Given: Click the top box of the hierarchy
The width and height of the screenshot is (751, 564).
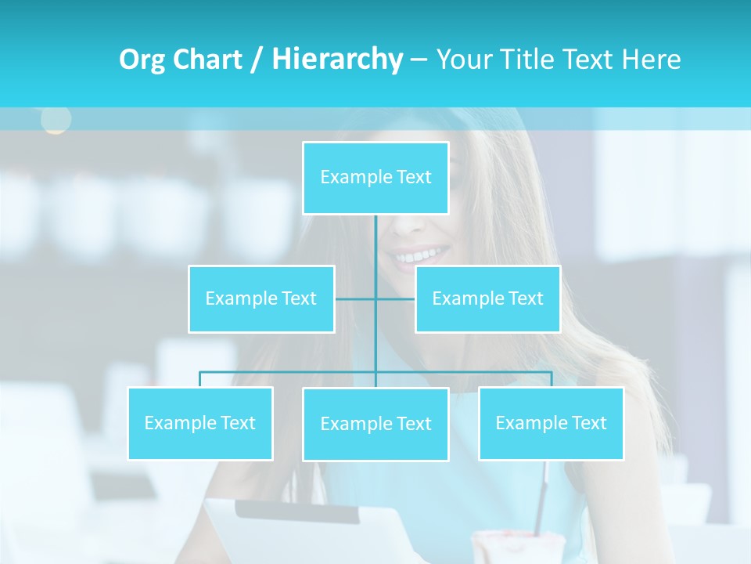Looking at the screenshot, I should [375, 178].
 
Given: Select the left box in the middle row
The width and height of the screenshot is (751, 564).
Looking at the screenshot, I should [261, 298].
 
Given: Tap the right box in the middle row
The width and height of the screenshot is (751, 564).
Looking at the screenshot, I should [487, 298].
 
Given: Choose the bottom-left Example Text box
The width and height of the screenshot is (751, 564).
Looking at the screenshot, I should [200, 423].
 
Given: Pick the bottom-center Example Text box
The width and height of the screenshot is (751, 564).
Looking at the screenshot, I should [375, 424].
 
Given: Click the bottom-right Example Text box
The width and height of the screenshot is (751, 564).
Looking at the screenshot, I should [551, 423].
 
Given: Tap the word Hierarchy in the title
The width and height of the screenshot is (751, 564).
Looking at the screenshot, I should [337, 60].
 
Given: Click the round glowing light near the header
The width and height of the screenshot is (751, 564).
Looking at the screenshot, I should [56, 119].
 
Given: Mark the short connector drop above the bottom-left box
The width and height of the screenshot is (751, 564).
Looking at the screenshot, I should [200, 379].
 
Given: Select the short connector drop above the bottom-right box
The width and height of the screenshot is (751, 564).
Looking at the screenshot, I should [551, 379].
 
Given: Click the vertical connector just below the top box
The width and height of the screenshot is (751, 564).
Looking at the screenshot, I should [375, 235].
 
